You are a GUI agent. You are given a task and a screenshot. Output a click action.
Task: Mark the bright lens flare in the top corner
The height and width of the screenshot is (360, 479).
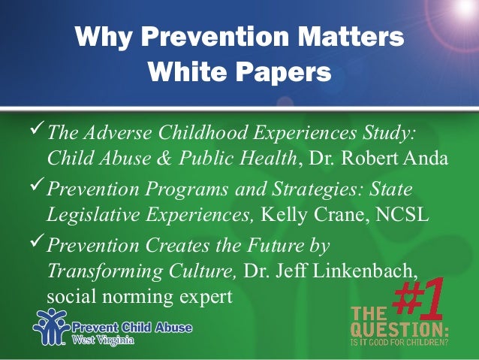(x=461, y=9)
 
